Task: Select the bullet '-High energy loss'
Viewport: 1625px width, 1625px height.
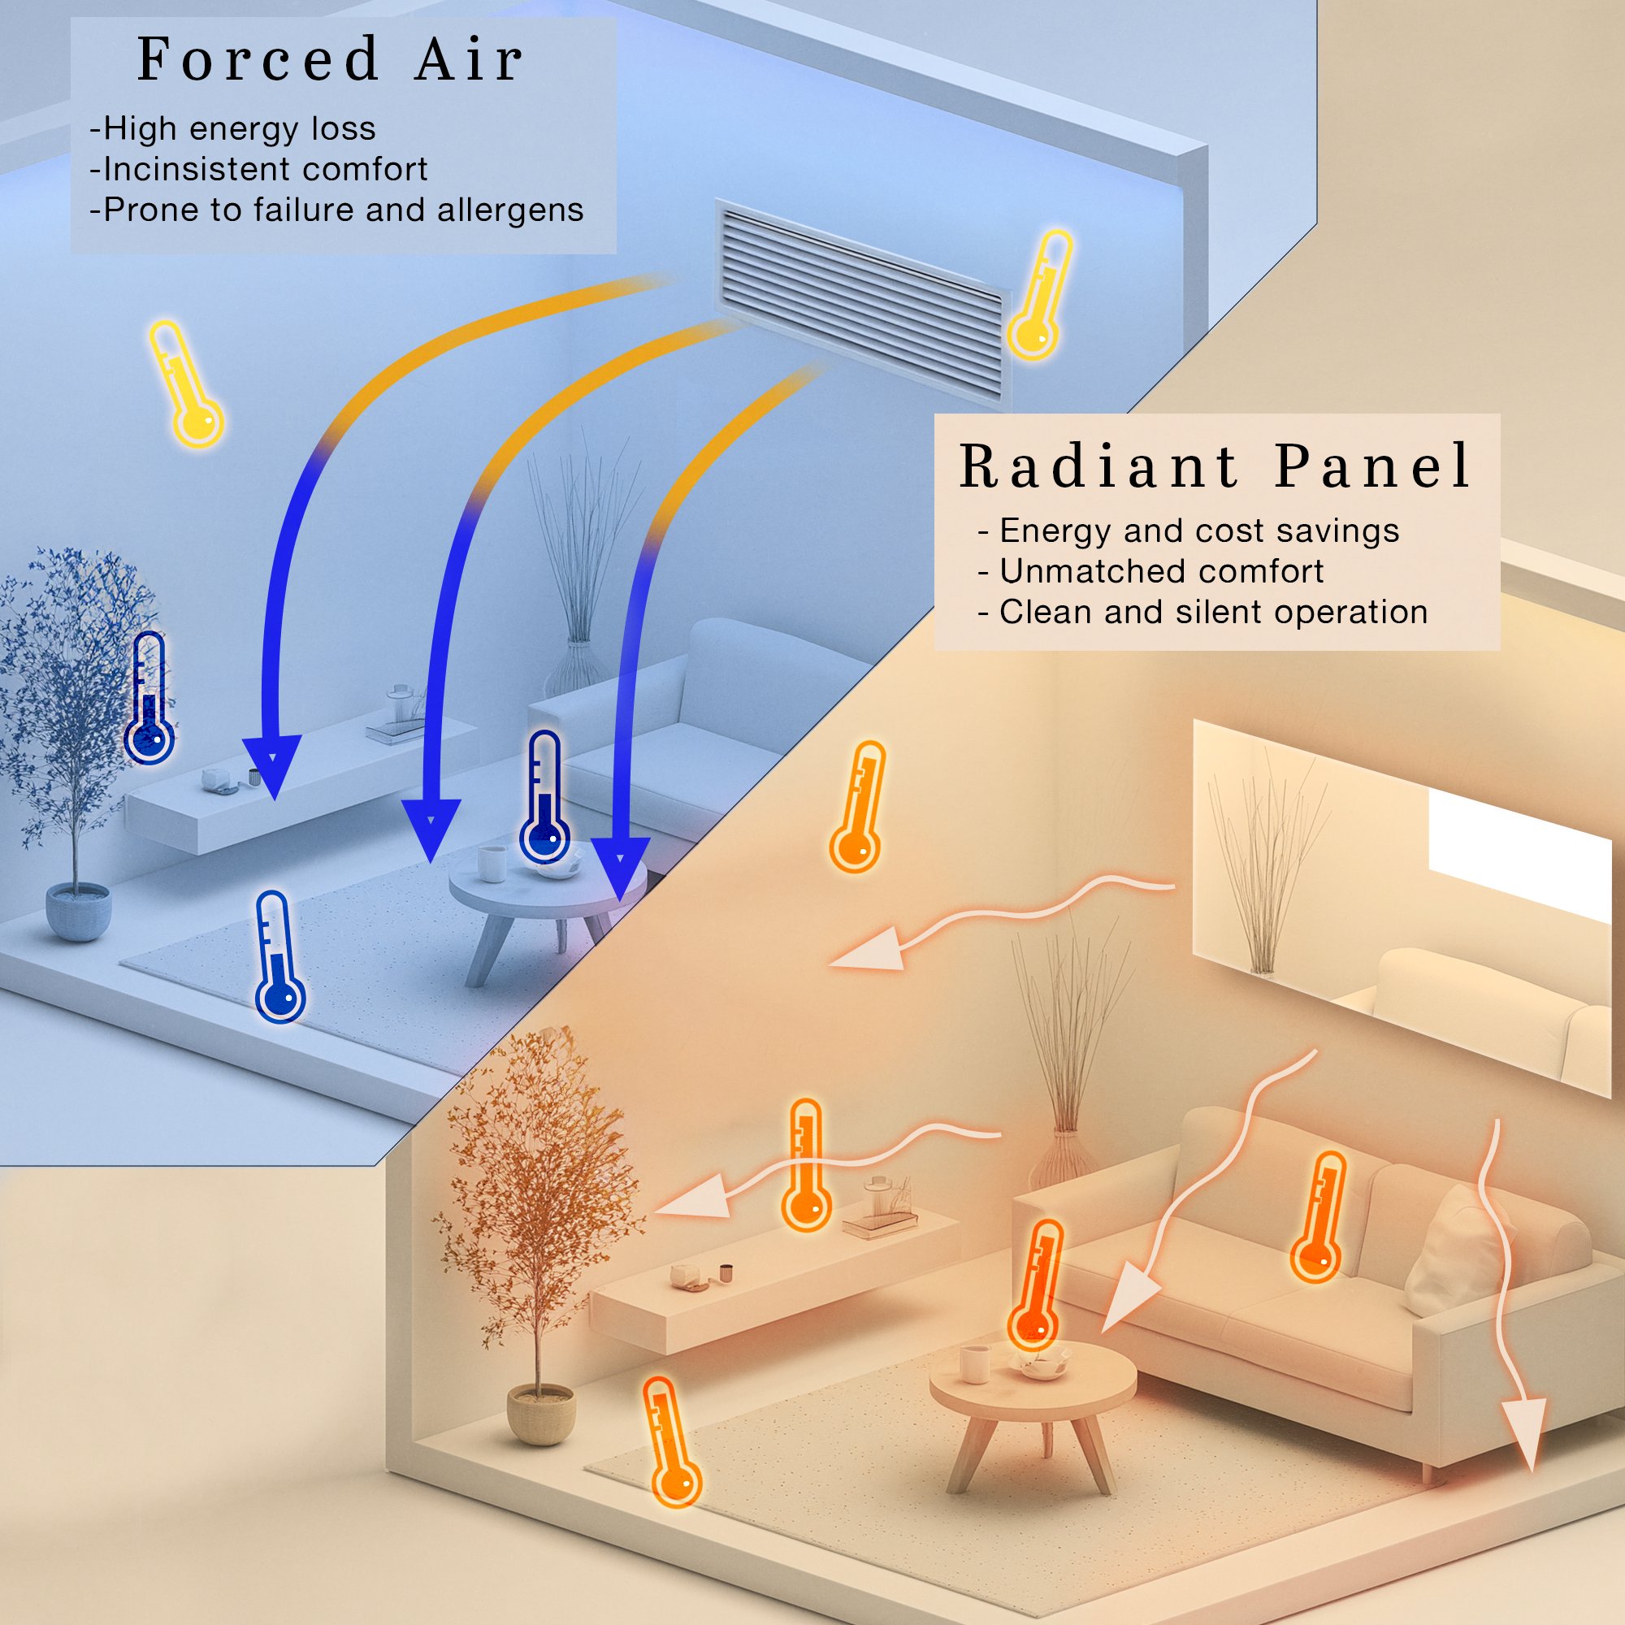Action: (x=233, y=128)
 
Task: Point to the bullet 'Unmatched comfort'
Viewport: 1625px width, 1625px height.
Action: (x=1161, y=572)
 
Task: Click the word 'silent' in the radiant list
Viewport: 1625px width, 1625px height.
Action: (x=1220, y=613)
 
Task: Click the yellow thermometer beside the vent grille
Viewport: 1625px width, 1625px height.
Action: (x=1041, y=294)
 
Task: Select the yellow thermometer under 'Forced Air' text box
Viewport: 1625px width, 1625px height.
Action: (x=186, y=383)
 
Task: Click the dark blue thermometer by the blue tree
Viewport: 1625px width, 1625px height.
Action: (x=149, y=698)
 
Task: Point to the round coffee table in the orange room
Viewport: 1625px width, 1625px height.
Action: (x=1032, y=1381)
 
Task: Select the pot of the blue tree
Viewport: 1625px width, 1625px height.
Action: (x=78, y=911)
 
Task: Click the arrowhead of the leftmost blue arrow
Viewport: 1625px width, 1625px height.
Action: (x=271, y=764)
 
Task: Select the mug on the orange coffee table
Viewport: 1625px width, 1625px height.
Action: (x=974, y=1362)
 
